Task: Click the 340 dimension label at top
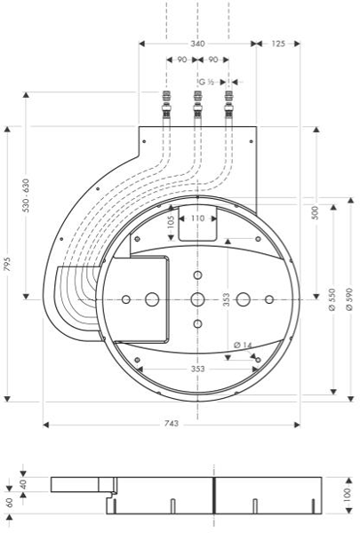[197, 43]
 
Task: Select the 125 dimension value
[277, 43]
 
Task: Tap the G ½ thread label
[205, 82]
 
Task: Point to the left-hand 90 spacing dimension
[181, 60]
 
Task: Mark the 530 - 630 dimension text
[27, 196]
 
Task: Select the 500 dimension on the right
[316, 213]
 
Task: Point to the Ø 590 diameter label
[348, 297]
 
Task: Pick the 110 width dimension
[197, 218]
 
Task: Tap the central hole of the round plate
[197, 298]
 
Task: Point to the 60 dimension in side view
[8, 502]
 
